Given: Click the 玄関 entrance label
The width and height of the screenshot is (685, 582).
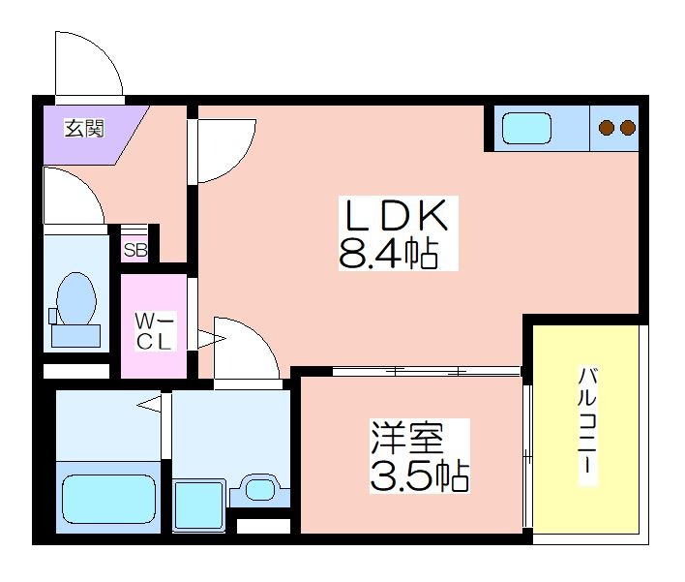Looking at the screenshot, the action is (x=85, y=128).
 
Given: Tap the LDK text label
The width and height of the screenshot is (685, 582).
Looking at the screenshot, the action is (x=397, y=215).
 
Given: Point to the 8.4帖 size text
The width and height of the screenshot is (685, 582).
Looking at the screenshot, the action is (x=388, y=253).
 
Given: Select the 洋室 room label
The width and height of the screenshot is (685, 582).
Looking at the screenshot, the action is (x=407, y=438).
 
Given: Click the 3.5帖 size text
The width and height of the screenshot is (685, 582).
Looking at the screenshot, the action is (x=420, y=475).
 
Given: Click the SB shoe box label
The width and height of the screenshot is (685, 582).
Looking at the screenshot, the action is (x=135, y=250).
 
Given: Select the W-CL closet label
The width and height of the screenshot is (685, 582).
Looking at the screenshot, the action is (x=154, y=331).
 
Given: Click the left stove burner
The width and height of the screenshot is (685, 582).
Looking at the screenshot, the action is (x=607, y=128).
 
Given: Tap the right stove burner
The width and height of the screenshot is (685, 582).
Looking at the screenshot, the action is (x=628, y=128).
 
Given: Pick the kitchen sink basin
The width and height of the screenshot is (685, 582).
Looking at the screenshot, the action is (x=526, y=128).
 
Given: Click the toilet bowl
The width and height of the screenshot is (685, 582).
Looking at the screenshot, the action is (x=76, y=298).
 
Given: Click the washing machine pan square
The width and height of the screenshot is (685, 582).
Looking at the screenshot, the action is (x=198, y=505).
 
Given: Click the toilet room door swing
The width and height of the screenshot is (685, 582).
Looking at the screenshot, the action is (x=85, y=184).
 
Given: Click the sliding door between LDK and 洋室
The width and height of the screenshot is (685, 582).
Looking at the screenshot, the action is (x=427, y=371).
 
